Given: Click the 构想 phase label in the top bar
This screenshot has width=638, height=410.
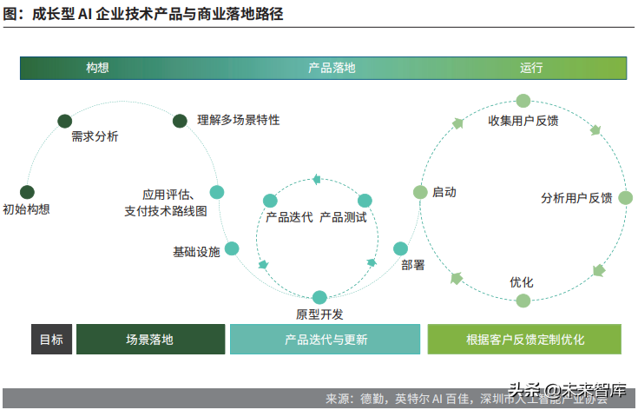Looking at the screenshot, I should point(97,68).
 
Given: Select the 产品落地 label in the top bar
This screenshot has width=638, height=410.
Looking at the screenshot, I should point(332,68).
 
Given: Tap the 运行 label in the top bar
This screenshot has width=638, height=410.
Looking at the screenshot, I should point(531,68).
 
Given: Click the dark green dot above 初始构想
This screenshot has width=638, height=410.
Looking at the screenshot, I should point(27,192).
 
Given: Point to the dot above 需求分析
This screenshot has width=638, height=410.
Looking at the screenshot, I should point(64,121).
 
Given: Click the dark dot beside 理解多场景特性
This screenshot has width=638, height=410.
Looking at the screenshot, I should point(181,121).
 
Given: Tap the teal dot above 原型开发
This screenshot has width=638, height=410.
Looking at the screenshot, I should point(319,297).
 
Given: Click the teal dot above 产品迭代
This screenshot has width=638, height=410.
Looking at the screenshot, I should point(271,201).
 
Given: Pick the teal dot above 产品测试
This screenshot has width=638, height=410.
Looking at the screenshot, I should point(365,201).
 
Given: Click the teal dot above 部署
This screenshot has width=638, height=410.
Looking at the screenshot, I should point(400,248).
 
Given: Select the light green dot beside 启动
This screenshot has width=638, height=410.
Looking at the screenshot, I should point(419,192).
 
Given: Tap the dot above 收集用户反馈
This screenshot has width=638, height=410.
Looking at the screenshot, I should point(523,102).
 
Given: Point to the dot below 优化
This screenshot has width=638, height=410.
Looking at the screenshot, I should point(523,301).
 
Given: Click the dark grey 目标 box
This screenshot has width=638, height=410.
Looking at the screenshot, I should point(51,340).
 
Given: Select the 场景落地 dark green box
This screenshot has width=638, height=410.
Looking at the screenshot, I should point(149,340).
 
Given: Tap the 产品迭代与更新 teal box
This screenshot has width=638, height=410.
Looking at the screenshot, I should point(326,340).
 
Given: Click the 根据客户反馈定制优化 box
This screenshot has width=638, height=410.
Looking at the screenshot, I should point(524,340).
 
